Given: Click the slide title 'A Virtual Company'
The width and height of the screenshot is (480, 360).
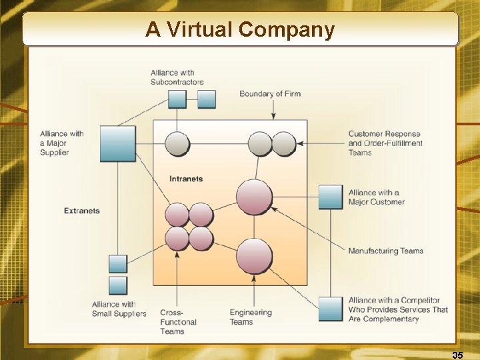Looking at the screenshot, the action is (240, 29).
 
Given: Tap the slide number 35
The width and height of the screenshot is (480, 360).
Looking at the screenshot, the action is (457, 355).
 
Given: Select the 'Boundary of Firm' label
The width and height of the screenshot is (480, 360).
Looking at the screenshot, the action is (270, 93).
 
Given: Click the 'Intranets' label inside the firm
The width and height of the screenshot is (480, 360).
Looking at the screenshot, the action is (186, 179).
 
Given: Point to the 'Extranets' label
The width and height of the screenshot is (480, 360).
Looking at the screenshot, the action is (82, 211).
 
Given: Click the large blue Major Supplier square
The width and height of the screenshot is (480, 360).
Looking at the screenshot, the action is (117, 143).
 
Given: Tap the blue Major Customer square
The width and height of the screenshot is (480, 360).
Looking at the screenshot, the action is (331, 197).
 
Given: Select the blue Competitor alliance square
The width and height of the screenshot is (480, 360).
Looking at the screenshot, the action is (331, 309).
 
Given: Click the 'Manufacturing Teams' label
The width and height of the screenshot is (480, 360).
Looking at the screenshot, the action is (385, 251).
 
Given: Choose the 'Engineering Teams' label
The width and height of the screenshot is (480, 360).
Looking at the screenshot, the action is (251, 317).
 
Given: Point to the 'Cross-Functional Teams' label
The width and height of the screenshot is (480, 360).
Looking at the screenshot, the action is (178, 322).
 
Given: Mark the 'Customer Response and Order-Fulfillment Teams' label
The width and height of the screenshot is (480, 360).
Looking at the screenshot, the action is (385, 143).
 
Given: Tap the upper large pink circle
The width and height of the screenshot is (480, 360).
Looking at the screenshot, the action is (255, 197).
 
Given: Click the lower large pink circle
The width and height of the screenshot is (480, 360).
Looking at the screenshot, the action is (255, 257).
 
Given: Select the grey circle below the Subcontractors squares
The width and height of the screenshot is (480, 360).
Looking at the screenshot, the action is (177, 143).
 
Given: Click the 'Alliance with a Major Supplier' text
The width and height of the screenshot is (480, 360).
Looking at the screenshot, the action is (61, 143).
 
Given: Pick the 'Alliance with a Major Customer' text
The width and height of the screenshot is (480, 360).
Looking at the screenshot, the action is (376, 197).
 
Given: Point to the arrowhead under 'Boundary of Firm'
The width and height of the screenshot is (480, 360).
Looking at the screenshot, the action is (273, 117).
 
